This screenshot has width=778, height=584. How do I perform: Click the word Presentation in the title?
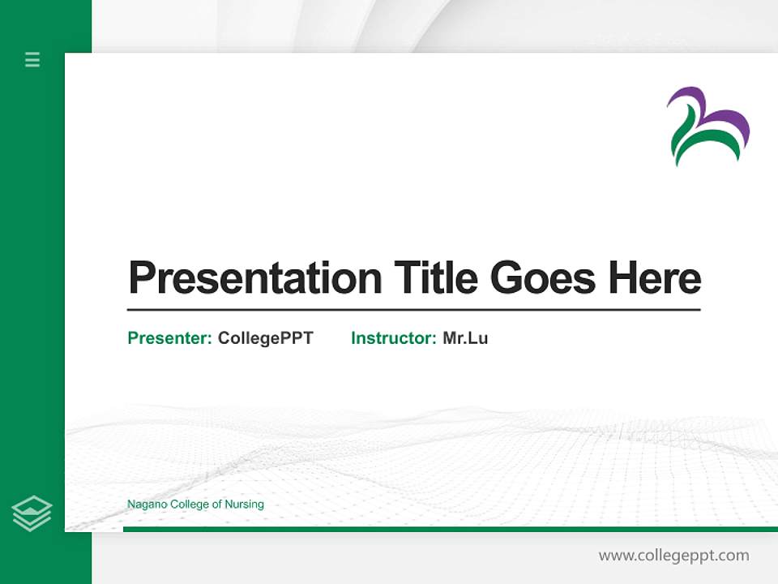point(254,278)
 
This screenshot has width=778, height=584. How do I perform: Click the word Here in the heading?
point(654,278)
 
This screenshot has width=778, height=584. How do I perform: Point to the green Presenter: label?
point(170,338)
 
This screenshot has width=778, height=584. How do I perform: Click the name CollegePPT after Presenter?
point(265,338)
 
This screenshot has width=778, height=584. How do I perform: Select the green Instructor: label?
point(394,338)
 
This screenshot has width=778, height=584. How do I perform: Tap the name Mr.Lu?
point(465,338)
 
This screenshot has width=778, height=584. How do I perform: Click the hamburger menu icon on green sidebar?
point(32,59)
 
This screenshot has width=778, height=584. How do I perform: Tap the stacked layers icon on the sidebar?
point(32,513)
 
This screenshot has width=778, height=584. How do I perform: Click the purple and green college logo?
point(707,127)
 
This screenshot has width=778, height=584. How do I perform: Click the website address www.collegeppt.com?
point(673,556)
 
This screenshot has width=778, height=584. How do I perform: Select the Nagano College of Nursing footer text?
point(195,505)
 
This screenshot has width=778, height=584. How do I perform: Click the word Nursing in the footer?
point(245,505)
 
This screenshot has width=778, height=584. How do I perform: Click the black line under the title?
point(413,310)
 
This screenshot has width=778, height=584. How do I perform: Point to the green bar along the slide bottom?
point(446,529)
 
